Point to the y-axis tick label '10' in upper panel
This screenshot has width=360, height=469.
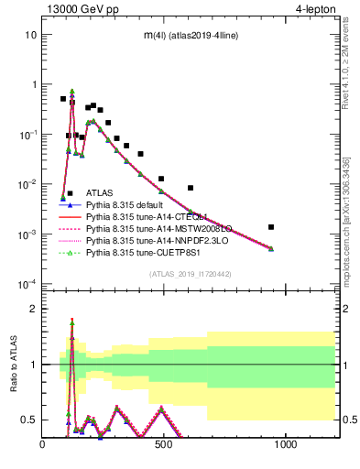click(x=30, y=35)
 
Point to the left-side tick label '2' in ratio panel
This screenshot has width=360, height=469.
click(x=33, y=309)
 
